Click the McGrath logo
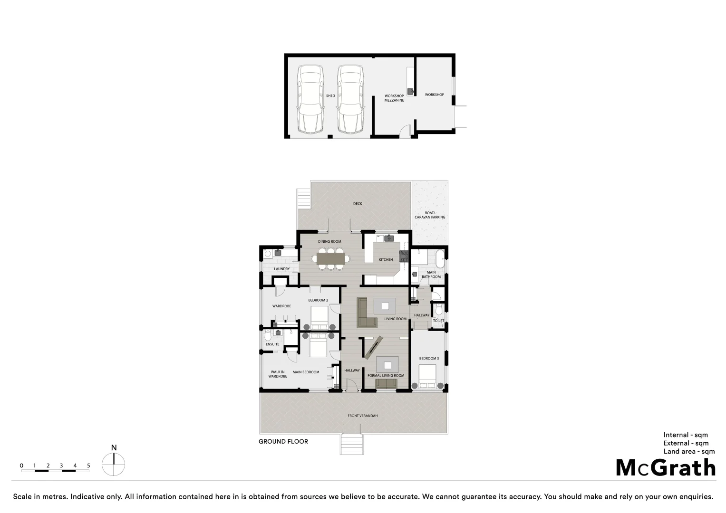(x=665, y=468)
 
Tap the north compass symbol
(x=114, y=464)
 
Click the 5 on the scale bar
(x=88, y=465)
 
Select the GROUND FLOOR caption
(x=283, y=441)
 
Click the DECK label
(x=358, y=204)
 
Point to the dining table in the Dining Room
(x=332, y=258)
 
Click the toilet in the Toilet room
(x=439, y=310)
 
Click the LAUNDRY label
(x=281, y=269)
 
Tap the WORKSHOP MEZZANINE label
(x=394, y=98)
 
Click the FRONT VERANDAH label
(x=362, y=416)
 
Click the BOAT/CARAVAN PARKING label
(x=430, y=215)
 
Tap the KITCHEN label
(x=386, y=259)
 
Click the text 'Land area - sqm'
(x=689, y=451)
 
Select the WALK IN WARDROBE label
(x=278, y=374)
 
